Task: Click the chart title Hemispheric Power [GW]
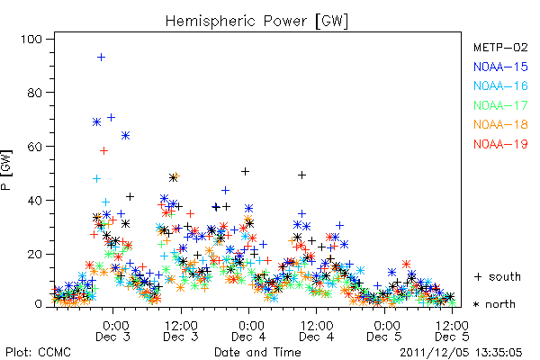[256, 21]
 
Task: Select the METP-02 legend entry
[500, 47]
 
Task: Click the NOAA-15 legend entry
[500, 67]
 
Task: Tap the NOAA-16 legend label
[500, 85]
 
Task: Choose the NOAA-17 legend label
[500, 105]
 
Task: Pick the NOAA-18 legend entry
[500, 124]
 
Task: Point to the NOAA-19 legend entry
[500, 144]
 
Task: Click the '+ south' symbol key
[498, 276]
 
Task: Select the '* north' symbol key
[494, 304]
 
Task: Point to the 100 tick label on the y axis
[31, 40]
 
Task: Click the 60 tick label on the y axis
[34, 147]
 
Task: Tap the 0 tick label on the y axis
[38, 304]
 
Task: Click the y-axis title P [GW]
[6, 170]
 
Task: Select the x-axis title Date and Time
[257, 352]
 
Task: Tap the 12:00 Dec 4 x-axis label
[317, 331]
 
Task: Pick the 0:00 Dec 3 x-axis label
[113, 331]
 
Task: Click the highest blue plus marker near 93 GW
[101, 58]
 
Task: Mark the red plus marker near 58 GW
[103, 150]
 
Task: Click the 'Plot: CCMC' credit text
[38, 353]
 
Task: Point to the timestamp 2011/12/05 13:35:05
[461, 353]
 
